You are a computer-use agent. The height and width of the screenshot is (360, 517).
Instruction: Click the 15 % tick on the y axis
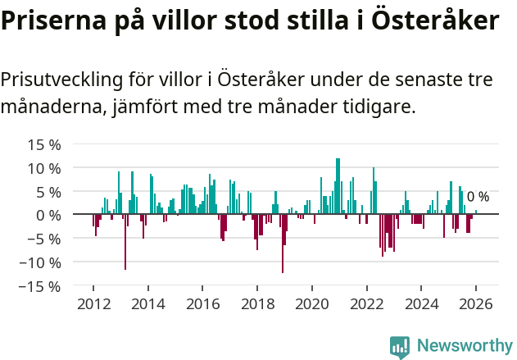(x=44, y=145)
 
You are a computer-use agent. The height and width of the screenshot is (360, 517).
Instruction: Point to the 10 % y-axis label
(x=44, y=169)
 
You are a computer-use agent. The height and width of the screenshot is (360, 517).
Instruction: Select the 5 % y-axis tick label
(x=48, y=193)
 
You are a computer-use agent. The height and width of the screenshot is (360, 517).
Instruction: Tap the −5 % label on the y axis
(x=44, y=239)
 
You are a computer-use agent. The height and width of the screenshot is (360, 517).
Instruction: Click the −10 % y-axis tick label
(x=40, y=263)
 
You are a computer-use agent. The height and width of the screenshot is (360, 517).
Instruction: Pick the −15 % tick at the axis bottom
(x=40, y=287)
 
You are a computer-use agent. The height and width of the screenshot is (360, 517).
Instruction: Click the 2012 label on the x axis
(x=93, y=303)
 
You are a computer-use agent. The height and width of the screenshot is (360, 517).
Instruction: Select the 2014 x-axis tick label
(x=148, y=303)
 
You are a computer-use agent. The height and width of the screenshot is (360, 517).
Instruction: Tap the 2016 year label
(x=202, y=303)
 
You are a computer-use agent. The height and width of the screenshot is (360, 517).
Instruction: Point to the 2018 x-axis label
(x=257, y=303)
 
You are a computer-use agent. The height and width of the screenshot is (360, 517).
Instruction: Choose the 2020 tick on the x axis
(x=311, y=303)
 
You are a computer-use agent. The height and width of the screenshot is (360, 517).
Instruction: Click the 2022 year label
(x=366, y=303)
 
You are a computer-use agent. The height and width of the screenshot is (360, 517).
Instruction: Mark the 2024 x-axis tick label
(x=421, y=303)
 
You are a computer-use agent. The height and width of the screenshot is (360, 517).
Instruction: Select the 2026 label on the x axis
(x=475, y=303)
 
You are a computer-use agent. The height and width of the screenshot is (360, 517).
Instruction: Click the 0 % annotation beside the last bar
(x=478, y=197)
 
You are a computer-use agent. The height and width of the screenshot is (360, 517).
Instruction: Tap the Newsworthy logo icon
(x=400, y=346)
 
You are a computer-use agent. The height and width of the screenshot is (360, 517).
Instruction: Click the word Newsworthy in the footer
(x=464, y=346)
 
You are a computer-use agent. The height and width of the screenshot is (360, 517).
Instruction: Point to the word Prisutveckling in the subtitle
(x=61, y=80)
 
